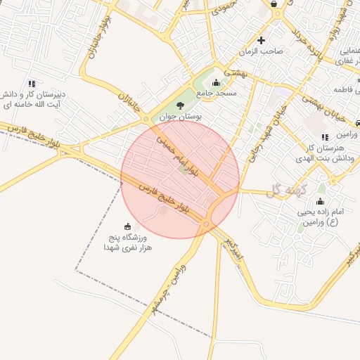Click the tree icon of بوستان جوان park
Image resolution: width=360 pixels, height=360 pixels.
pyautogui.click(x=181, y=105)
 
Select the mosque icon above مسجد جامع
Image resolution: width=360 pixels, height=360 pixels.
pyautogui.click(x=216, y=83)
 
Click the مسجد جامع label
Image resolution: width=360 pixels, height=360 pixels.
pyautogui.click(x=217, y=94)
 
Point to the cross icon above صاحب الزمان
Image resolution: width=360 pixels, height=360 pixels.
pyautogui.click(x=262, y=41)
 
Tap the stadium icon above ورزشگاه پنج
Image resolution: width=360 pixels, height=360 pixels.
pyautogui.click(x=127, y=226)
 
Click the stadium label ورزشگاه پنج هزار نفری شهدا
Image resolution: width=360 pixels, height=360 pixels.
pyautogui.click(x=127, y=243)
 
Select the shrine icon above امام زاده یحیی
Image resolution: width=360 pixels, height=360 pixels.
pyautogui.click(x=320, y=202)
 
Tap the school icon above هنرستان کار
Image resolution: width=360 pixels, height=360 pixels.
pyautogui.click(x=324, y=137)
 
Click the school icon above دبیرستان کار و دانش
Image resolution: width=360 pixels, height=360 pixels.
pyautogui.click(x=32, y=83)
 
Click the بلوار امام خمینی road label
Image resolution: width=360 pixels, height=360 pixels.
pyautogui.click(x=174, y=155)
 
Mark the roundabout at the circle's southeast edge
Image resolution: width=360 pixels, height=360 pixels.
pyautogui.click(x=206, y=224)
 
